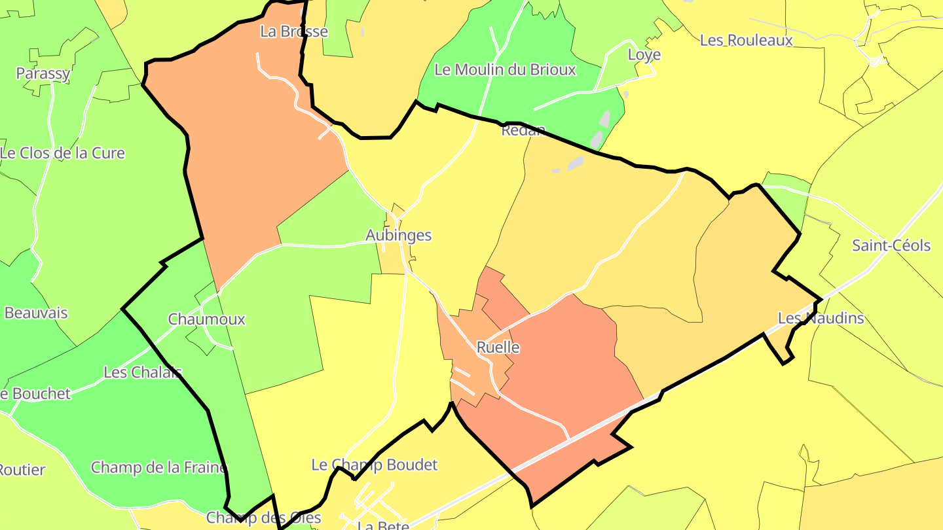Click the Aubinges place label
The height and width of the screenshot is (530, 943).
(x=398, y=236)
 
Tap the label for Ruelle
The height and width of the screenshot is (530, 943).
(x=498, y=347)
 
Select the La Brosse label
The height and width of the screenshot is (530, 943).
(x=294, y=31)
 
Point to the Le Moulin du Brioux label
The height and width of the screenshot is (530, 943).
(x=505, y=70)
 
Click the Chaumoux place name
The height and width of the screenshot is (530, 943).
(x=206, y=319)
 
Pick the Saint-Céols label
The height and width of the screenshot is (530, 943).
(x=891, y=246)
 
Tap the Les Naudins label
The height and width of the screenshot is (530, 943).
(x=821, y=319)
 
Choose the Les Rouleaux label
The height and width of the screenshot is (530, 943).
(x=746, y=41)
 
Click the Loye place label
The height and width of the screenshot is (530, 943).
(x=644, y=55)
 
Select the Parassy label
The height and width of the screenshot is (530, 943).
(x=43, y=73)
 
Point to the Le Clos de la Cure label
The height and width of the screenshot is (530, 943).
(x=63, y=154)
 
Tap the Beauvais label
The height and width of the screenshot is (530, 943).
(x=36, y=313)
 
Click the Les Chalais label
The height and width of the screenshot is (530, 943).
(x=143, y=372)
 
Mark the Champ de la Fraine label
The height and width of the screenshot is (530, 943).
(x=158, y=468)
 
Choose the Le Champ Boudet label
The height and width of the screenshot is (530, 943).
(x=374, y=465)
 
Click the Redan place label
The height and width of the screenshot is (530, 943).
(x=523, y=130)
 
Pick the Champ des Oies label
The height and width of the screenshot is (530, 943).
(x=263, y=518)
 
